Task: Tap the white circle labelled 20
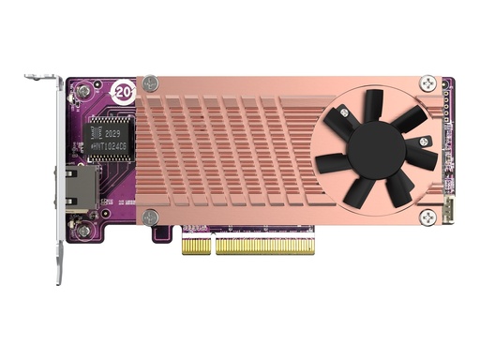tap(122, 91)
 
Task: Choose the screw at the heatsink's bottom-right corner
tap(427, 217)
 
